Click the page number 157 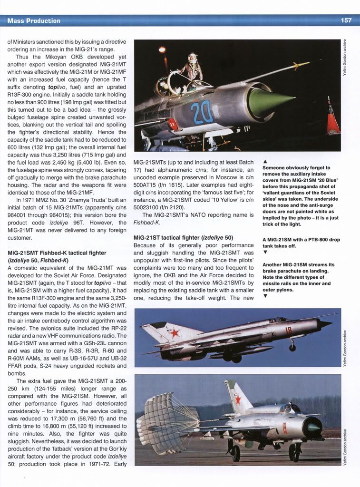coord(346,20)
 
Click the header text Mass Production coord(34,20)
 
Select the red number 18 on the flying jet coord(288,330)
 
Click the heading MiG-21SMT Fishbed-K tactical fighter coord(57,253)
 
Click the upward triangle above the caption coord(265,161)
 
